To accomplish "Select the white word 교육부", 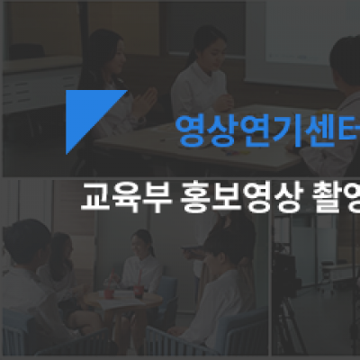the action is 126,196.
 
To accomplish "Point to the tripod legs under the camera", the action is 285,322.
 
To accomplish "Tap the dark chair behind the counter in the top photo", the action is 26,51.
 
